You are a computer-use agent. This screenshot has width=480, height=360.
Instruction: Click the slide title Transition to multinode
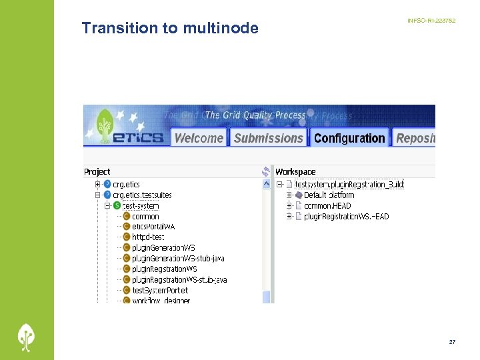click(169, 28)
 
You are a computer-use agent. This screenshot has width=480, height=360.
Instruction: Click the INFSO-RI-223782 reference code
click(431, 21)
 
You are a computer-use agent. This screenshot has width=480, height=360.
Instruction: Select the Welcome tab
click(199, 138)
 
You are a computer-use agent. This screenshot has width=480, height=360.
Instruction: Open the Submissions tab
click(269, 138)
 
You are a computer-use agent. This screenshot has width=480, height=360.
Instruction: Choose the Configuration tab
click(349, 138)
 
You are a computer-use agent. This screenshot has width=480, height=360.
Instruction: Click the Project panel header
click(97, 172)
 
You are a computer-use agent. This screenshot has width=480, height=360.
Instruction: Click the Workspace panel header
click(295, 172)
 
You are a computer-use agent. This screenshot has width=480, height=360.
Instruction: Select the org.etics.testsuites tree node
click(142, 195)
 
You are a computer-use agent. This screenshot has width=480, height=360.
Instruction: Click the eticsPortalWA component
click(153, 227)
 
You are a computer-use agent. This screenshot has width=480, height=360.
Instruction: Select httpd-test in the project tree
click(148, 237)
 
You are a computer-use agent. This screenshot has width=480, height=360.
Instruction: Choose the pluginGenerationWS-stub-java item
click(178, 259)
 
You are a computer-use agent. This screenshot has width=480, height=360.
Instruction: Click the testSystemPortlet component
click(160, 291)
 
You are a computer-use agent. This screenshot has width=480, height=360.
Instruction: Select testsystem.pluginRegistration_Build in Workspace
click(349, 184)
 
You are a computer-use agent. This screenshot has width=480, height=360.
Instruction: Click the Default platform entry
click(329, 195)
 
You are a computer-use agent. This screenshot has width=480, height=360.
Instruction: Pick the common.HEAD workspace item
click(327, 205)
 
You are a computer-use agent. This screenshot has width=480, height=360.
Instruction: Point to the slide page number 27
click(452, 342)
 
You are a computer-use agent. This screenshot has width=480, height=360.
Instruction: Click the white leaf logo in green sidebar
click(27, 337)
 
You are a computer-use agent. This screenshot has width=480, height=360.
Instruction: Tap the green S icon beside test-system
click(117, 205)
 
